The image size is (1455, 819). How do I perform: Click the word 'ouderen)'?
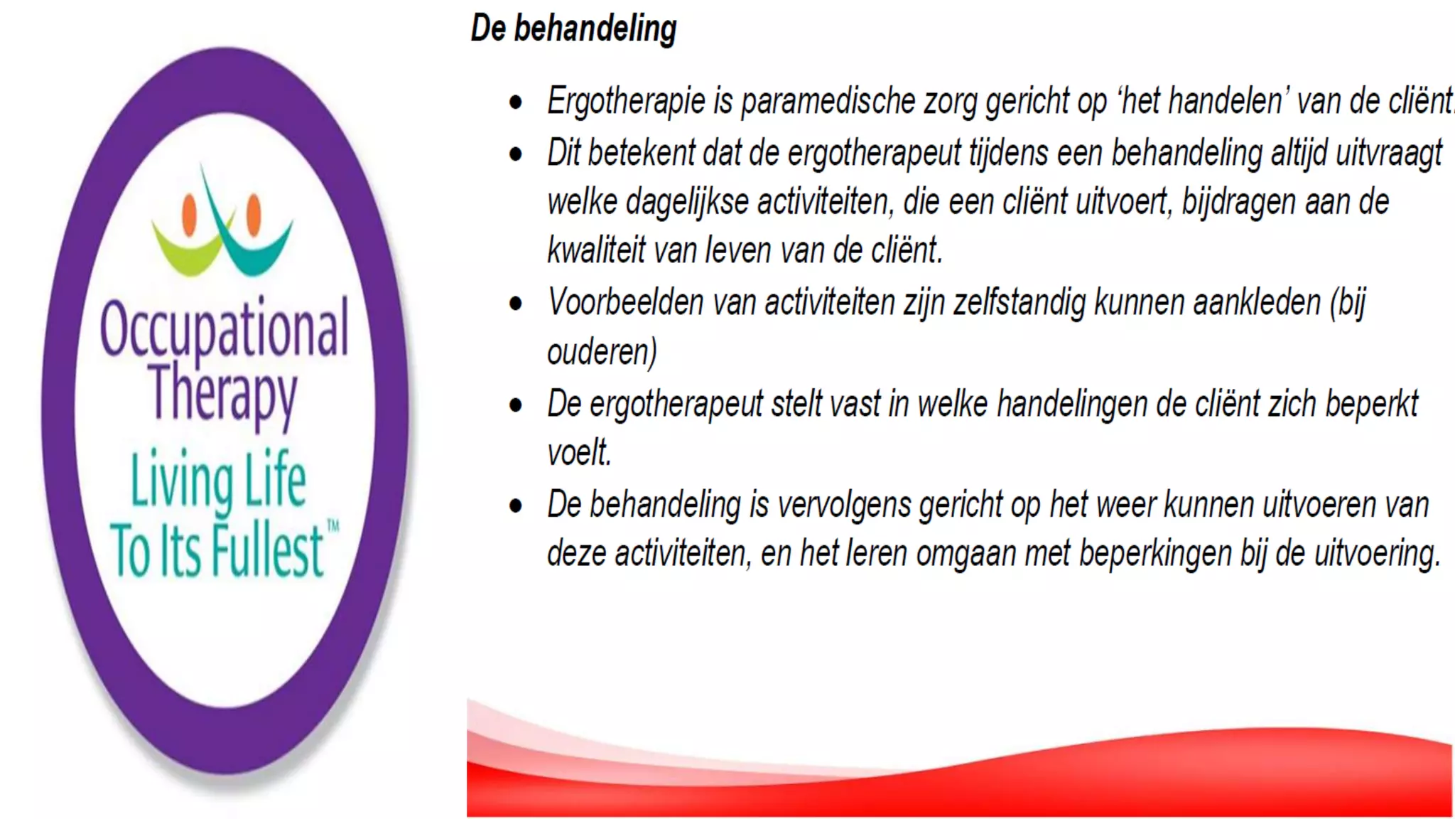[602, 352]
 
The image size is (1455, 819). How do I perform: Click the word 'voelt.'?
[579, 453]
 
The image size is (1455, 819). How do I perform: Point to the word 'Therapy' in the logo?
[223, 395]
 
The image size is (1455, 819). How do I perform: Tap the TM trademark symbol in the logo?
[332, 527]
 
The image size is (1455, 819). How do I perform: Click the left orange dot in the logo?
[189, 214]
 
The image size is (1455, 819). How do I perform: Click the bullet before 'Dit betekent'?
[516, 154]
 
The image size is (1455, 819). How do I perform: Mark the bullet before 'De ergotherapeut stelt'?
[516, 405]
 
